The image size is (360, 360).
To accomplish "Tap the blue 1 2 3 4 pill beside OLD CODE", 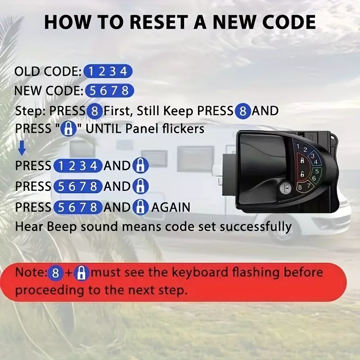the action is pyautogui.click(x=108, y=72).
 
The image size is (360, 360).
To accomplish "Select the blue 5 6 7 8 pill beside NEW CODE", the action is pyautogui.click(x=109, y=91).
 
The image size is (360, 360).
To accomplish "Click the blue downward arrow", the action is pyautogui.click(x=22, y=148).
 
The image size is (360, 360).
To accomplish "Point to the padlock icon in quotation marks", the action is pyautogui.click(x=68, y=129).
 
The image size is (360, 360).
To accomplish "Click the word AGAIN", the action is pyautogui.click(x=171, y=207).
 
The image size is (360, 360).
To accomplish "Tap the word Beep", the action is pyautogui.click(x=61, y=227).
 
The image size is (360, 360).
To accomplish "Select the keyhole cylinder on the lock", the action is pyautogui.click(x=285, y=188).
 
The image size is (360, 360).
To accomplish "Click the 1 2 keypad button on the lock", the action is pyautogui.click(x=301, y=148).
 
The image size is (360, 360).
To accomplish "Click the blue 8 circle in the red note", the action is pyautogui.click(x=55, y=273).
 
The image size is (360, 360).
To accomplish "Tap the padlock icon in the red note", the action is pyautogui.click(x=81, y=273).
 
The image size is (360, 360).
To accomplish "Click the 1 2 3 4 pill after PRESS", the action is pyautogui.click(x=78, y=166).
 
